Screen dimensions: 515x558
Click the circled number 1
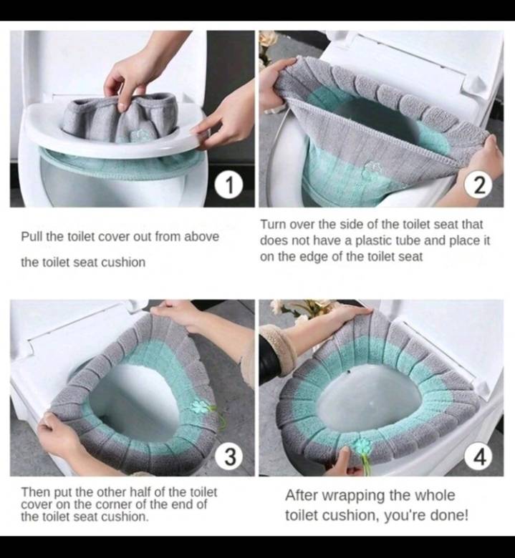coord(229,185)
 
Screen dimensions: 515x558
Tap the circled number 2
coord(480,185)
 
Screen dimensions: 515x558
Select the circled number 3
coord(229,456)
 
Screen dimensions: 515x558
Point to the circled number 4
coord(480,456)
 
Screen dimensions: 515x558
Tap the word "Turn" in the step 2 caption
coord(274,225)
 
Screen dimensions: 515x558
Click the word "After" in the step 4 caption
coord(301,495)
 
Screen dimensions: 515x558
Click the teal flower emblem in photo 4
coord(362,445)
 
